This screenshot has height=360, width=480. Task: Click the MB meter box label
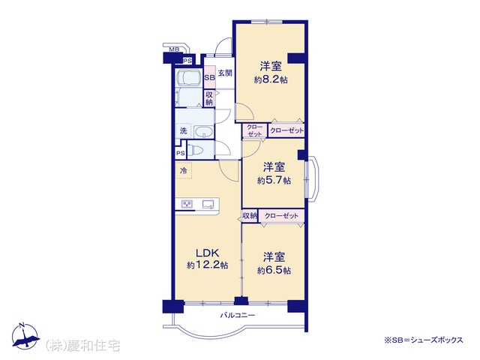point(174,49)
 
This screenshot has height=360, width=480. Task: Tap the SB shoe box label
point(210,77)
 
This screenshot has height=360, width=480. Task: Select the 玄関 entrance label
point(225,73)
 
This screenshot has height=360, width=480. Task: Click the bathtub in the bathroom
point(187,79)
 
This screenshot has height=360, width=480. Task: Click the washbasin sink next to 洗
point(203,132)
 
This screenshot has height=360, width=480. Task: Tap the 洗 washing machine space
point(183,131)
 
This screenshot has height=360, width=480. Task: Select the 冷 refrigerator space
point(183,170)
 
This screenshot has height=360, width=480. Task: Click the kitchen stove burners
point(187,204)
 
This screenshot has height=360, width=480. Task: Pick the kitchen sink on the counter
point(208,204)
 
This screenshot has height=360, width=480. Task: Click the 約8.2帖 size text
point(271,80)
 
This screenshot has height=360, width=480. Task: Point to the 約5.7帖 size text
point(274,181)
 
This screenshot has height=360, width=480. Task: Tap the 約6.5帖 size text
point(274,271)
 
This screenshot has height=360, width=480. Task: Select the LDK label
point(207,253)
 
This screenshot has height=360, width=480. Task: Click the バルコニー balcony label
point(238,315)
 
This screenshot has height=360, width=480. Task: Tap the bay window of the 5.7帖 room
point(312,178)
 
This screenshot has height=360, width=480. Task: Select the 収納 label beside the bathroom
point(209,98)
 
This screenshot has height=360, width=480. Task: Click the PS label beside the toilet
point(180,153)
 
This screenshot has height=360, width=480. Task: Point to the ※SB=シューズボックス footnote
point(424,340)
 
